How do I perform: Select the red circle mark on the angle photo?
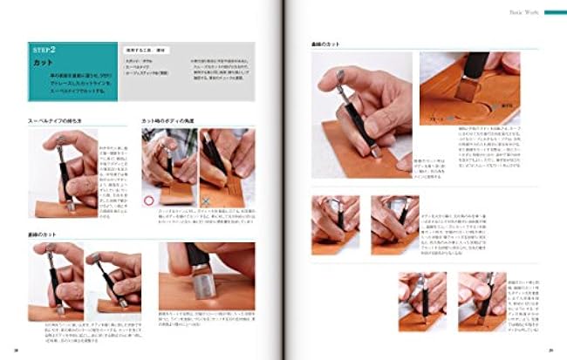(x=149, y=200)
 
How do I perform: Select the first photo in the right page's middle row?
(x=335, y=222)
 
